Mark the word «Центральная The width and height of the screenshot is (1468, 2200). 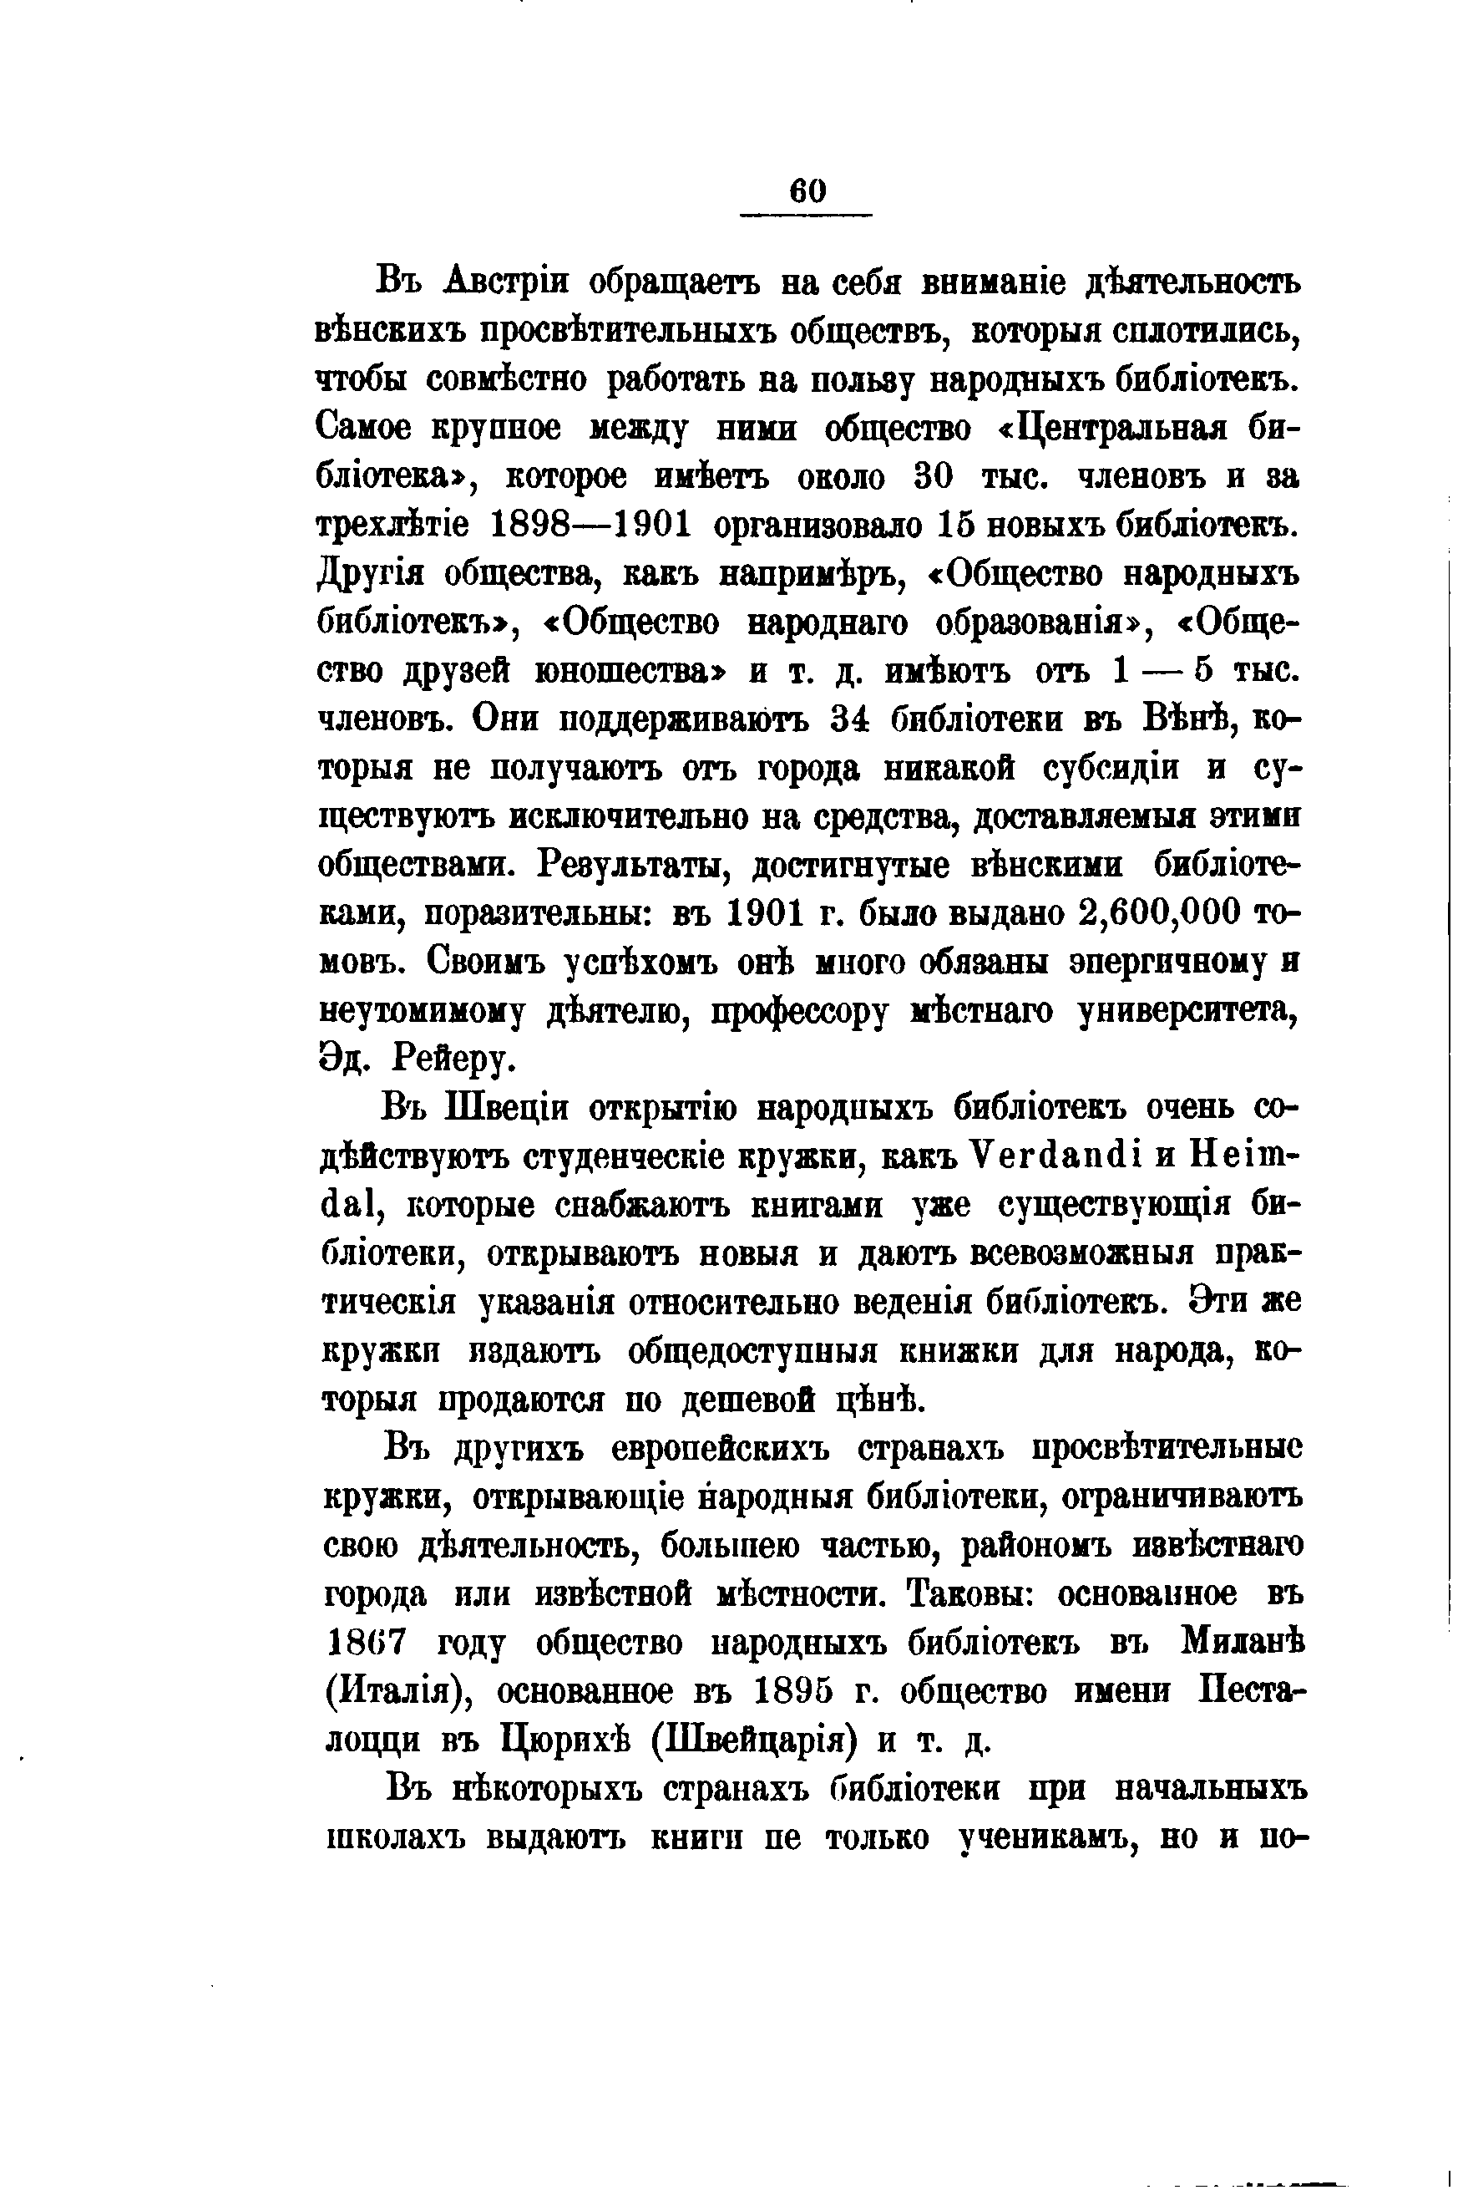pos(1106,427)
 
